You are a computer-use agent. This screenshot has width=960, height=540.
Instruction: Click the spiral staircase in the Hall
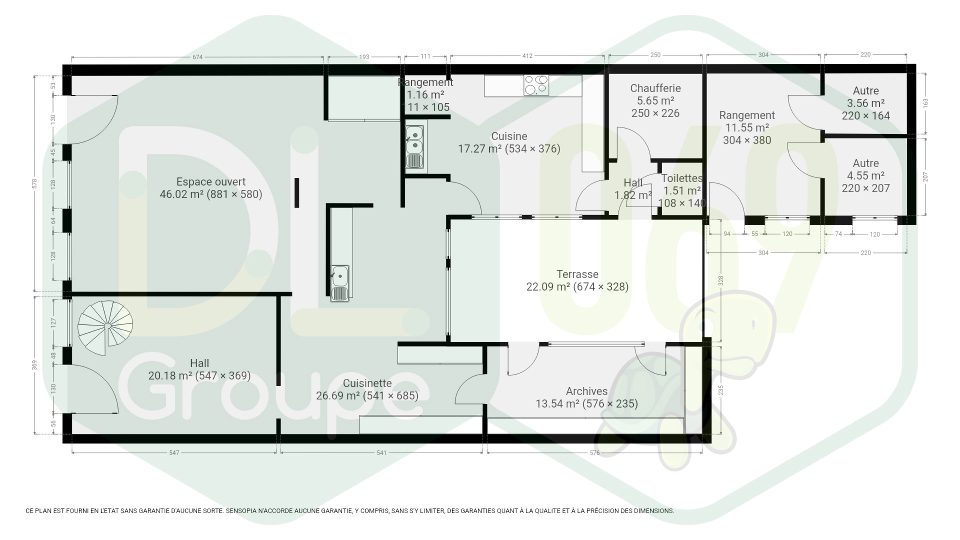(105, 328)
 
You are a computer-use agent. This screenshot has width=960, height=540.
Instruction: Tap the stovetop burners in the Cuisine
(536, 85)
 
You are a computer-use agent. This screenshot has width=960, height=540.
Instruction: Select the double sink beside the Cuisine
(414, 147)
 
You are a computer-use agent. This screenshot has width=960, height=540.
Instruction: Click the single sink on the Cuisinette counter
(340, 283)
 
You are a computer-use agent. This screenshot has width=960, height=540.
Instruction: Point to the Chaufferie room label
(655, 88)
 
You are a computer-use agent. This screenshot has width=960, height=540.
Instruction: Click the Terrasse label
(577, 274)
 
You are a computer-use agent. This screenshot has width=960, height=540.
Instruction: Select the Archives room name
(586, 391)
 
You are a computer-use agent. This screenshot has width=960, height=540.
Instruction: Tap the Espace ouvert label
(211, 182)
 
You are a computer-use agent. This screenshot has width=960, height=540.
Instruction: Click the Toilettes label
(682, 178)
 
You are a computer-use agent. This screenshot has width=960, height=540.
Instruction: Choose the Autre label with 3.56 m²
(865, 91)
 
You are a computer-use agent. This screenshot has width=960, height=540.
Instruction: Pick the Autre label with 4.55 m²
(865, 163)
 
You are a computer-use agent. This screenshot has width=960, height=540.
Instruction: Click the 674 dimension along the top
(197, 57)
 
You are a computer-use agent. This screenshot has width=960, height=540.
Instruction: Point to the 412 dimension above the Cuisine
(527, 56)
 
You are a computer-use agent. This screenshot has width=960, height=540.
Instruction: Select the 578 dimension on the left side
(34, 183)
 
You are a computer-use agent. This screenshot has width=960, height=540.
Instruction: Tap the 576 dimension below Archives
(594, 453)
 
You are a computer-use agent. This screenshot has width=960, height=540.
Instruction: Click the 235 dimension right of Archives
(720, 390)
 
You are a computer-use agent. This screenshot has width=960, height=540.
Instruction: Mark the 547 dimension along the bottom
(174, 453)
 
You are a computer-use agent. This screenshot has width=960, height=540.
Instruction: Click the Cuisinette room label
(367, 383)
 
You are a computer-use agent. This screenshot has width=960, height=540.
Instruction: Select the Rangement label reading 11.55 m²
(747, 115)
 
